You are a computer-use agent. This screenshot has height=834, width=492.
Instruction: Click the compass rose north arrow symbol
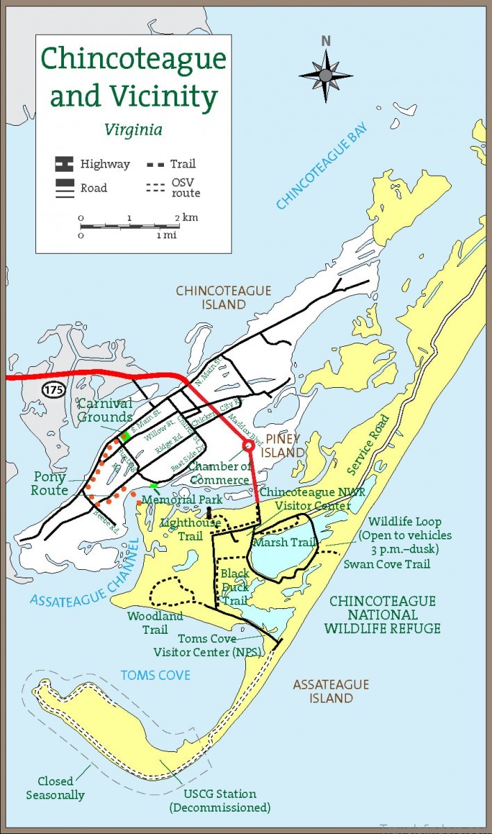click(x=325, y=73)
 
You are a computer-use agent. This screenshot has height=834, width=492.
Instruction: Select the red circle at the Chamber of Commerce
click(x=247, y=445)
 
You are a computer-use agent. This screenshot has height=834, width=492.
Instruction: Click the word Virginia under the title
click(x=133, y=129)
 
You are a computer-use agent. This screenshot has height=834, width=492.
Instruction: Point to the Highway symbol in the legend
click(x=64, y=165)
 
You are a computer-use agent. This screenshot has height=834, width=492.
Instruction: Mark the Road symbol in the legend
click(x=64, y=188)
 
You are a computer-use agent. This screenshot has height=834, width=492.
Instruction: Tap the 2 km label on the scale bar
click(x=186, y=218)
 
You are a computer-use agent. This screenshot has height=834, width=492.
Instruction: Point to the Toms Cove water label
click(x=155, y=675)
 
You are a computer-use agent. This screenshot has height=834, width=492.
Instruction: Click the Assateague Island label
click(x=331, y=691)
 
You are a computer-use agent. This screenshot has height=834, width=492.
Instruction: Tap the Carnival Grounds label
click(x=105, y=410)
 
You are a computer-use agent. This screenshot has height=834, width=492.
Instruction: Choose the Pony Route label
click(x=49, y=483)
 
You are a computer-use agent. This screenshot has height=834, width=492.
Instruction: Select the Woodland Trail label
click(x=147, y=623)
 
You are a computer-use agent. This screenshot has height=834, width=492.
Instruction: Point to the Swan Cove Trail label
click(x=386, y=564)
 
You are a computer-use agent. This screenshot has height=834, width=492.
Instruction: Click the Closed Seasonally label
click(x=56, y=787)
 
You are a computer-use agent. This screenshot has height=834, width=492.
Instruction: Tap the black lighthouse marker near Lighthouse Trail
click(x=208, y=513)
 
